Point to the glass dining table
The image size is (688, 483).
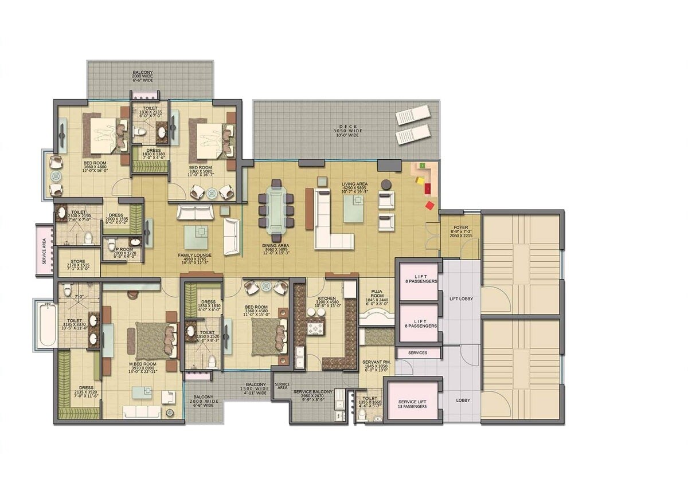click(x=277, y=210)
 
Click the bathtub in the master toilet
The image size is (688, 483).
click(x=46, y=325)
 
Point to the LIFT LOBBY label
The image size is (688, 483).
click(x=461, y=299)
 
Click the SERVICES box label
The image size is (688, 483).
click(x=417, y=353)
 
